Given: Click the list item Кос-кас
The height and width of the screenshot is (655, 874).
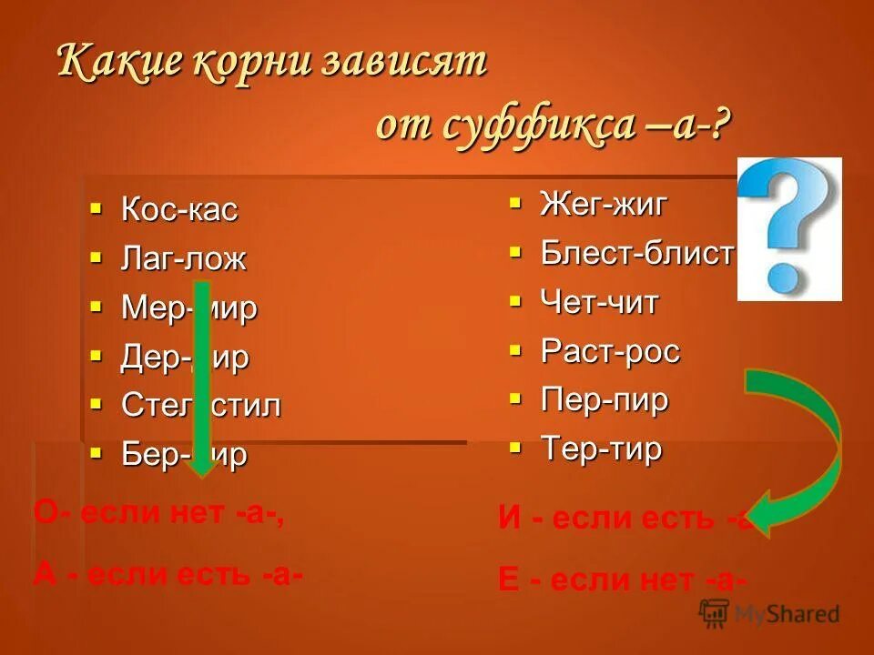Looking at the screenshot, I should pyautogui.click(x=179, y=210).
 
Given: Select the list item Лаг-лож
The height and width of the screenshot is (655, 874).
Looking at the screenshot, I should pyautogui.click(x=184, y=259).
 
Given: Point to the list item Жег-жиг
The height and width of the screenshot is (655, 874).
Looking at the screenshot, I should pyautogui.click(x=604, y=204).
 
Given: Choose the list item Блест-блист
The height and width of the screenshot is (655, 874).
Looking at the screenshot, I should pyautogui.click(x=636, y=254).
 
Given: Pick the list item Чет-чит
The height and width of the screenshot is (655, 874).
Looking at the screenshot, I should pyautogui.click(x=599, y=302).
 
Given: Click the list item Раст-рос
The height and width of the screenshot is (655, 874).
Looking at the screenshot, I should pyautogui.click(x=610, y=351).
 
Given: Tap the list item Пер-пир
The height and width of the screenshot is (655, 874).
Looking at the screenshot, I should pyautogui.click(x=605, y=399).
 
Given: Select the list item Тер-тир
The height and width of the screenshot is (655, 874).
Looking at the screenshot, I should pyautogui.click(x=601, y=448).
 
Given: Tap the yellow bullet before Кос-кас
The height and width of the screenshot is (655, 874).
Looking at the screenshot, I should pyautogui.click(x=96, y=208).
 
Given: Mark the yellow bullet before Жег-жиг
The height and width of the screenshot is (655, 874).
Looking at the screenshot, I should pyautogui.click(x=515, y=202).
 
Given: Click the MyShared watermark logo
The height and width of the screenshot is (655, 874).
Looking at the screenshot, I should pyautogui.click(x=769, y=614).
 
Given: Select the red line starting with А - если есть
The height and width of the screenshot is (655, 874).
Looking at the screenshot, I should pyautogui.click(x=168, y=574).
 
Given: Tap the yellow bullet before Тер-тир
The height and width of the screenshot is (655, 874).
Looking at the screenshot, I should pyautogui.click(x=515, y=447).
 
